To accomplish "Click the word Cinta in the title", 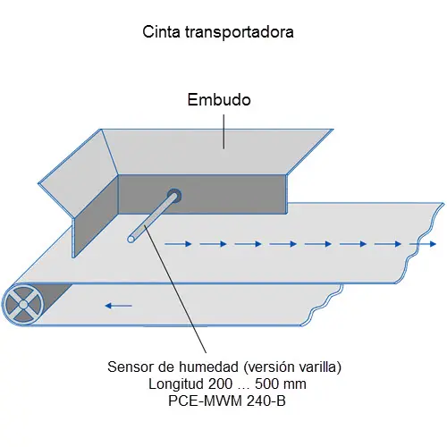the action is (161, 31).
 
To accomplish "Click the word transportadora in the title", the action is (239, 32).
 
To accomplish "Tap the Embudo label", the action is (219, 99).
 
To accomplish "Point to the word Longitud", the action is (176, 384).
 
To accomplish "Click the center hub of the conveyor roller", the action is (23, 305).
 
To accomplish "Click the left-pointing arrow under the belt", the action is (118, 306).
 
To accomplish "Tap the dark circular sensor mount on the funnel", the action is (174, 196).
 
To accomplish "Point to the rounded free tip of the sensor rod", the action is (131, 239).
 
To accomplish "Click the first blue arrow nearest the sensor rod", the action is (178, 244).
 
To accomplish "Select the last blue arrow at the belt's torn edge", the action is (423, 244).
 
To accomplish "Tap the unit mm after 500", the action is (295, 385).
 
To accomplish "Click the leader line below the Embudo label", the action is (223, 131).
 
